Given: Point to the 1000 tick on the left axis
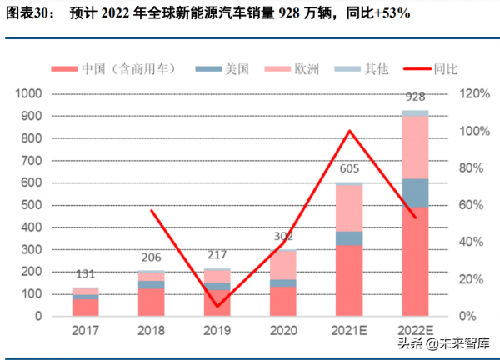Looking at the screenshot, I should tap(31, 94).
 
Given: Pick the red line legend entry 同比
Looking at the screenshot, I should tap(444, 69).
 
